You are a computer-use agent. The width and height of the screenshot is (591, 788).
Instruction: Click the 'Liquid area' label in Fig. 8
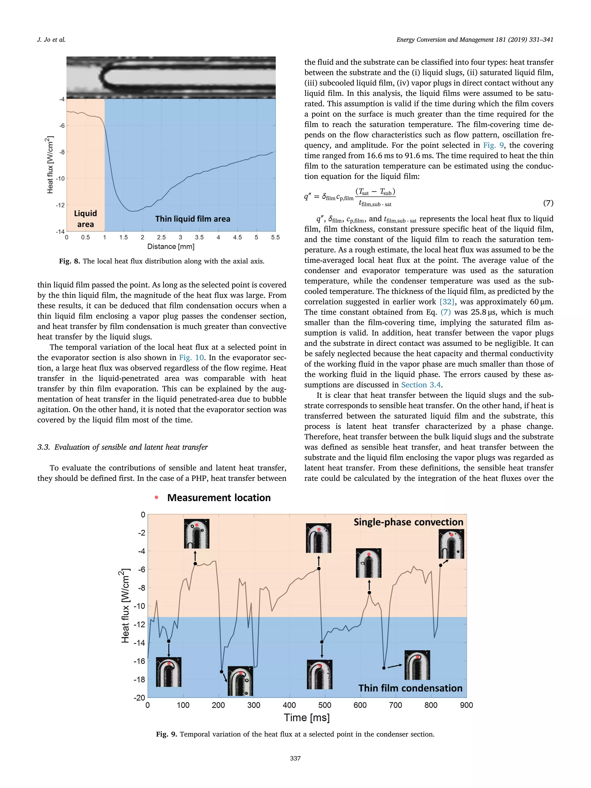85,219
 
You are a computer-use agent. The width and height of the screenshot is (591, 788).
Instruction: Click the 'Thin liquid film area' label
192,219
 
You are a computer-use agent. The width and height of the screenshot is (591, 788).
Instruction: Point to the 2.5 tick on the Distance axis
161,237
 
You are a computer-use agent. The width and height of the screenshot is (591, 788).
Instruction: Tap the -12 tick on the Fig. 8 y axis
60,205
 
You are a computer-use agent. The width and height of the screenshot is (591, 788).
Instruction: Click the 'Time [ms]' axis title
306,718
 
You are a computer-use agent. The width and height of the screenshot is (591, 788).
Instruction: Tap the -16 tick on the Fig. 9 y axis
139,661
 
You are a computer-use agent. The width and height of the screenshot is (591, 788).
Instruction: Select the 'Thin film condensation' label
410,688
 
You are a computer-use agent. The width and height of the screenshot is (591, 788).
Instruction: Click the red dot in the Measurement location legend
156,498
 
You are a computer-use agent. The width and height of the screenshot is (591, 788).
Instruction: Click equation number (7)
548,203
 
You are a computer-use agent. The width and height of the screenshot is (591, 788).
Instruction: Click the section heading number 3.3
44,447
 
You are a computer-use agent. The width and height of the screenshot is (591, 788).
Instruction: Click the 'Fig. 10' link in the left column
191,358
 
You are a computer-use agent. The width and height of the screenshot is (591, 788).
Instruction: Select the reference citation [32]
447,302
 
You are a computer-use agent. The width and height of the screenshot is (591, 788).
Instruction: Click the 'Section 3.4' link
421,385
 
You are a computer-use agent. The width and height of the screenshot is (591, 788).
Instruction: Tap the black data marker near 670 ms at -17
384,668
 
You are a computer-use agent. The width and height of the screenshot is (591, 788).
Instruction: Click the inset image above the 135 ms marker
196,534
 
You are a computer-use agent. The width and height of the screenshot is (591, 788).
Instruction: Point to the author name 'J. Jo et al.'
51,40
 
